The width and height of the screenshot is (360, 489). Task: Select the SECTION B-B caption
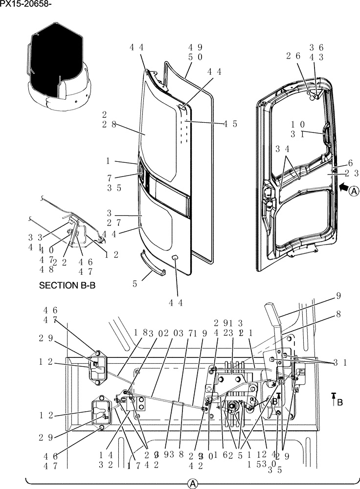[67, 286]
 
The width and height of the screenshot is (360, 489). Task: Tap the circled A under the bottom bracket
[193, 483]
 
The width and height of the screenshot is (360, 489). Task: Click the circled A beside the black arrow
[355, 191]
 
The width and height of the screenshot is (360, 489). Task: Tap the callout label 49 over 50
[195, 52]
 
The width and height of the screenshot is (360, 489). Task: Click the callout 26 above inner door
[293, 56]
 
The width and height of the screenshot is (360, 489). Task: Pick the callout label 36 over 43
[316, 52]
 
